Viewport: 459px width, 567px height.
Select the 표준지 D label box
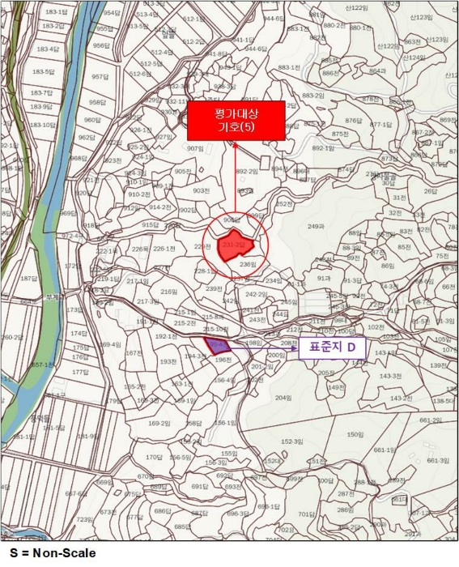334,349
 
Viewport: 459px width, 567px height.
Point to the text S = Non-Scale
48,553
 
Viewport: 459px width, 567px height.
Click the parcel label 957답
99,77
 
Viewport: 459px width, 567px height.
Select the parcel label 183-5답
42,71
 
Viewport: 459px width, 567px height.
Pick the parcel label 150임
355,434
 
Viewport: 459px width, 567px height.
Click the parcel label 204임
283,398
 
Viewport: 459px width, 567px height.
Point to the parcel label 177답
79,372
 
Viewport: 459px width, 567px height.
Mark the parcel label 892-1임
324,148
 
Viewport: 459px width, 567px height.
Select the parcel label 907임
195,148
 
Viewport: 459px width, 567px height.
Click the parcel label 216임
169,292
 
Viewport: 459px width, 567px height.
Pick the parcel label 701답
305,514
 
